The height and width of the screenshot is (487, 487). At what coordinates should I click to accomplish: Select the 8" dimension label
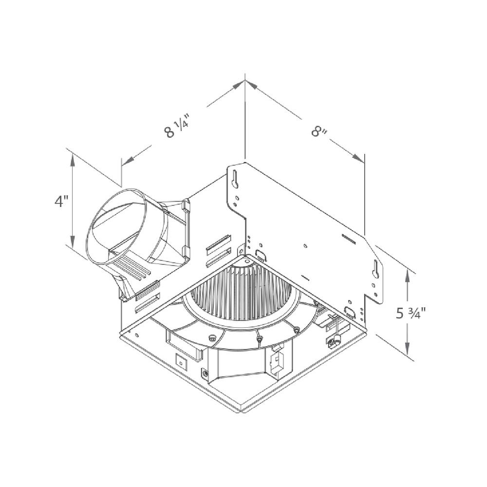(318, 131)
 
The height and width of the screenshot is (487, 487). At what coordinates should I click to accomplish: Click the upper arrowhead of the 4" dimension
(73, 158)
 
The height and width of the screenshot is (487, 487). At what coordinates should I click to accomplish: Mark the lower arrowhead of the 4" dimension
(73, 243)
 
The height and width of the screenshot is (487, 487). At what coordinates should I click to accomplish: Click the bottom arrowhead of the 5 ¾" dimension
(408, 351)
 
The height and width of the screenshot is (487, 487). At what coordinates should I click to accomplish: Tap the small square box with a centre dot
(181, 362)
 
